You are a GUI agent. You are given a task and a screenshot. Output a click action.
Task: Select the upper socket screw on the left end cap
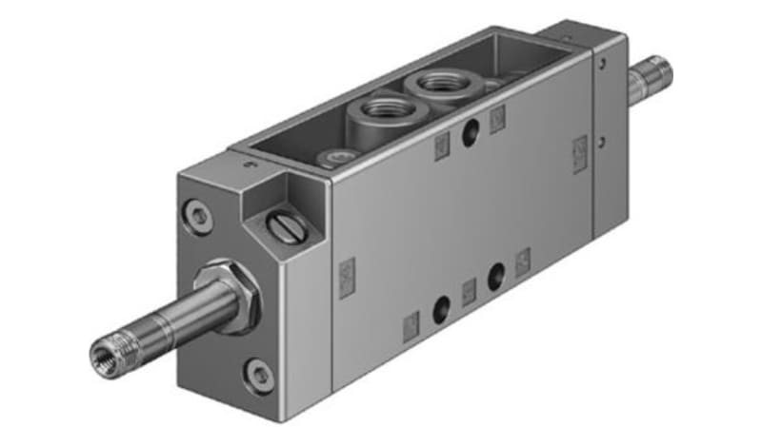click(x=199, y=214)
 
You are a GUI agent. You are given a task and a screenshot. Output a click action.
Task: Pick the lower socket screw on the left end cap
click(x=257, y=376)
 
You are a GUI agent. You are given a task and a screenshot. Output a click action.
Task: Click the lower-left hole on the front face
click(x=440, y=309)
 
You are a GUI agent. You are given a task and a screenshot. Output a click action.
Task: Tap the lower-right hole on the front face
click(x=496, y=278)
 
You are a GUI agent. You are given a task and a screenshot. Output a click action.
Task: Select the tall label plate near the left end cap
click(x=347, y=278)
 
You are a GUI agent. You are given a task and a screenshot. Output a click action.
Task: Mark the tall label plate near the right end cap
click(x=579, y=154)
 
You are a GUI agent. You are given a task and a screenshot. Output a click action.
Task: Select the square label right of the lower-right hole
click(x=523, y=262)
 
